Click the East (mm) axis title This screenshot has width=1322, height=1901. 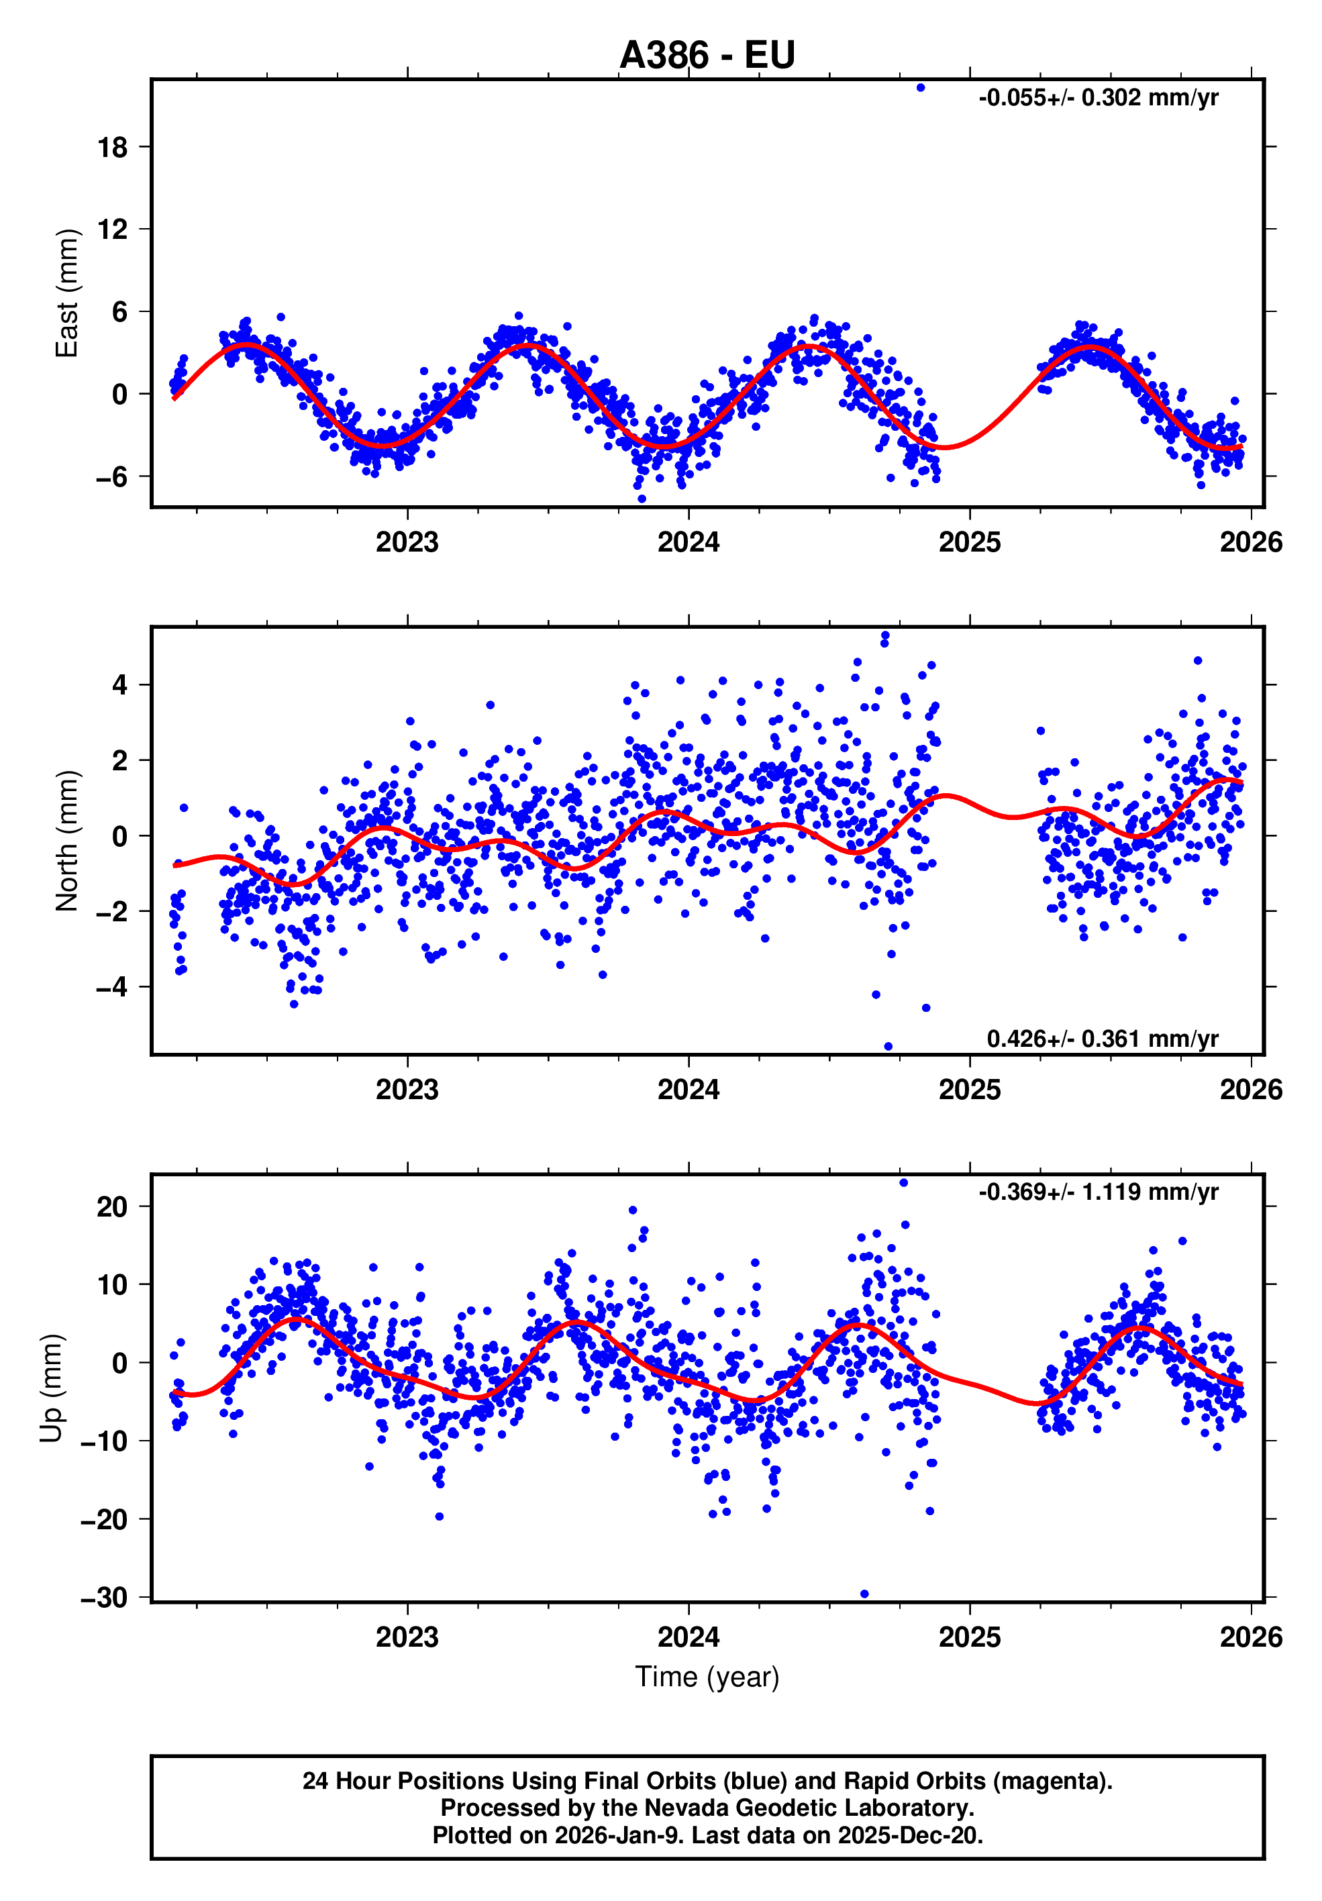[67, 293]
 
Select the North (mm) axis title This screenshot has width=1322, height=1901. [67, 840]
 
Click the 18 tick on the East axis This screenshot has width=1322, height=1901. [113, 148]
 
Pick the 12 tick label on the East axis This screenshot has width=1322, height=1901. [113, 229]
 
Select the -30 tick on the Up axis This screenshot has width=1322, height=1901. [104, 1597]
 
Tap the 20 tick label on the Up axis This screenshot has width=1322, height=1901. [113, 1206]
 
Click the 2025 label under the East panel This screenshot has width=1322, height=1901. [970, 542]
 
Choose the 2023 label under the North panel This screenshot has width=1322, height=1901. [407, 1090]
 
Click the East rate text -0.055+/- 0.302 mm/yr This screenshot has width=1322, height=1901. [1098, 98]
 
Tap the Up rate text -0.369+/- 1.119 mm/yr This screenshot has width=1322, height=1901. [1098, 1192]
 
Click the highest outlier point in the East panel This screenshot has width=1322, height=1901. [921, 88]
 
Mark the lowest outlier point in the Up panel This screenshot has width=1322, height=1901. [864, 1594]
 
